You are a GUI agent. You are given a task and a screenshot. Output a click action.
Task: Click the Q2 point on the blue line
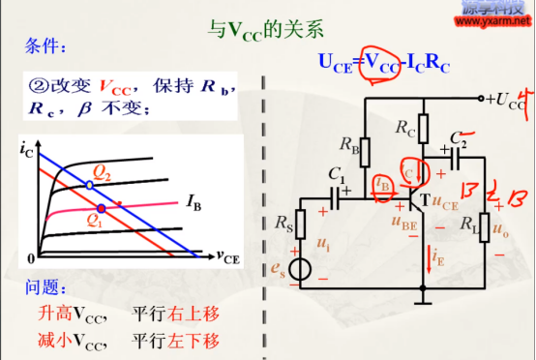[89, 184]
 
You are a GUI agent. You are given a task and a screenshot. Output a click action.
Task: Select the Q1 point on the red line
[101, 208]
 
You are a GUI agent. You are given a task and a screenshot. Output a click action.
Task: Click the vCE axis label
[229, 257]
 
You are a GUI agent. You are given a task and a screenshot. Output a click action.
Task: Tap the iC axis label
[25, 148]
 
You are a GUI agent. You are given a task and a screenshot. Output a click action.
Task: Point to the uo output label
[499, 230]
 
